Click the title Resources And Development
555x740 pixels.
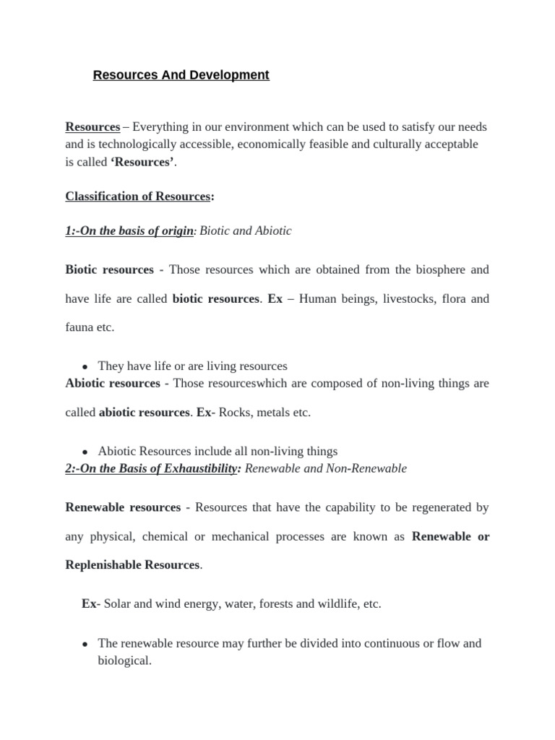[x=181, y=75]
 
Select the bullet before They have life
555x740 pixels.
[x=85, y=367]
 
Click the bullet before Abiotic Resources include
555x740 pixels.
[x=85, y=452]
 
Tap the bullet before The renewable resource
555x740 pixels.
[x=85, y=644]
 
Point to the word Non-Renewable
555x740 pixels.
[x=366, y=468]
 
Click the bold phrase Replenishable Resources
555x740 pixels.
[x=133, y=565]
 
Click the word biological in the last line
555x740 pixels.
[x=123, y=661]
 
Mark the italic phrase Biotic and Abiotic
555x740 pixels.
[x=246, y=231]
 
